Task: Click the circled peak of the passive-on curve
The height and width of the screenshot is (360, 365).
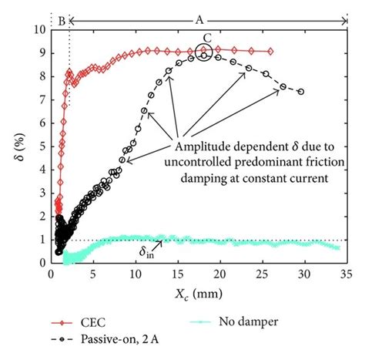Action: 204,53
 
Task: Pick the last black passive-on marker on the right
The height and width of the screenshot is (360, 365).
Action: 300,92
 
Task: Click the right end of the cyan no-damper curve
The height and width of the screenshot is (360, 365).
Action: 338,247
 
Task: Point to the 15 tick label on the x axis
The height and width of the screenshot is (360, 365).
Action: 178,274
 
